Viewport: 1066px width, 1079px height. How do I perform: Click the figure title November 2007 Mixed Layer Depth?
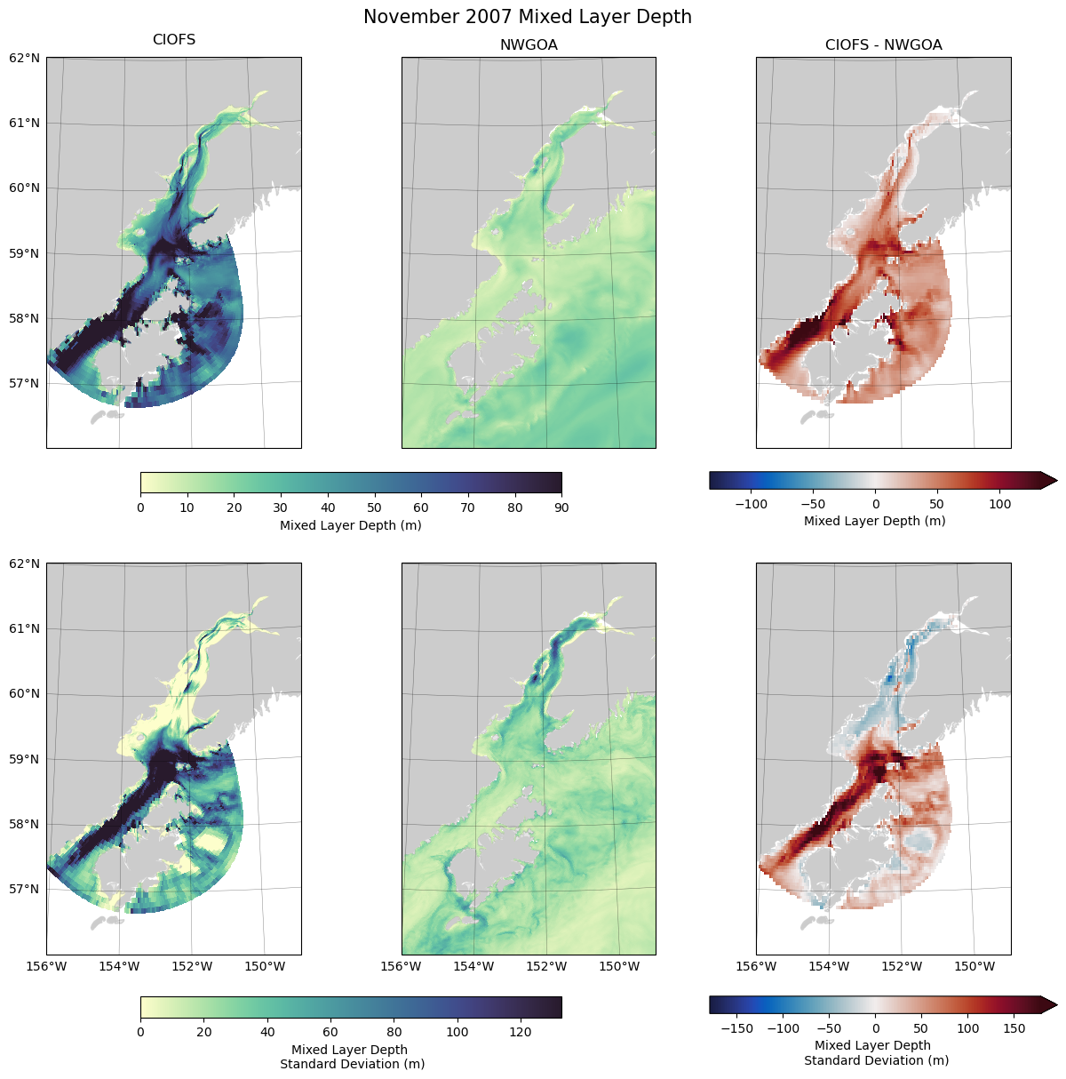click(527, 17)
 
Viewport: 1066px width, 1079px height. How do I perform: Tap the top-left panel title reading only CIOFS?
click(174, 40)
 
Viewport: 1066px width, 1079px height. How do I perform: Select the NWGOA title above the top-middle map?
click(529, 45)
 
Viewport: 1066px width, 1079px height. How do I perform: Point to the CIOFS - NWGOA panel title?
click(883, 45)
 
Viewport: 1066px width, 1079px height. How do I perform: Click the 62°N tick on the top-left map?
click(25, 58)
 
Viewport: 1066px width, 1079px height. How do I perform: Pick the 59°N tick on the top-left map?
click(25, 253)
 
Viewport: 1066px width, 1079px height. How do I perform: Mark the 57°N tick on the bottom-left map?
click(25, 889)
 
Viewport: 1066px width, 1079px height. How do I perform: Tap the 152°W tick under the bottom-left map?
click(192, 966)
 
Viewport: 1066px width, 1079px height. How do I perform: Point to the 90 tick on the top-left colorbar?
click(561, 508)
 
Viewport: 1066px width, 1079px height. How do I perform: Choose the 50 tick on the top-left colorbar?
click(374, 508)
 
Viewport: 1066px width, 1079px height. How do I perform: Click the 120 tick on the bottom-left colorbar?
click(521, 1032)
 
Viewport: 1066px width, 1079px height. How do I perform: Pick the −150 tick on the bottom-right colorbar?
click(737, 1028)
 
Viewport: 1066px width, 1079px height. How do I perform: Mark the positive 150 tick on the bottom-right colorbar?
click(1014, 1028)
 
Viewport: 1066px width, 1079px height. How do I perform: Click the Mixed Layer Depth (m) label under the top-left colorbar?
click(350, 525)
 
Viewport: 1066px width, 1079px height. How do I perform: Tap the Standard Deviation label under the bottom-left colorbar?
click(352, 1063)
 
